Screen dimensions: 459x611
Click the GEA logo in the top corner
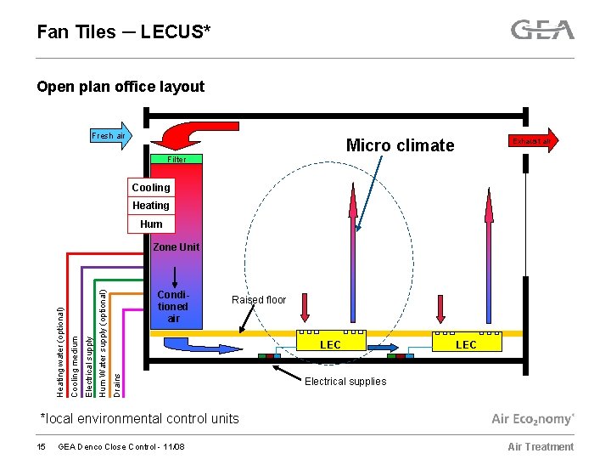(x=542, y=31)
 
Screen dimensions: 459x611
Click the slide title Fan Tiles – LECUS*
(x=124, y=32)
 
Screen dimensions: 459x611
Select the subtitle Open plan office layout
(x=120, y=87)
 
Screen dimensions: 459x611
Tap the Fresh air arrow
(x=108, y=136)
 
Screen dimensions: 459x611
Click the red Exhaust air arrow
(x=535, y=140)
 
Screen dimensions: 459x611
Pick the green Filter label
(x=177, y=159)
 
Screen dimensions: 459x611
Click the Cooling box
(x=150, y=187)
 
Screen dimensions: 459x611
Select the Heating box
(x=150, y=206)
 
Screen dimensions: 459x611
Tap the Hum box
(x=151, y=224)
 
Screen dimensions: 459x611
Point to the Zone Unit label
(x=176, y=247)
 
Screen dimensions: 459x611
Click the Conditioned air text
(x=173, y=307)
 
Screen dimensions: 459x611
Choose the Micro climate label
(x=400, y=145)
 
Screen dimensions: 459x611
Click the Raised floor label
(x=259, y=299)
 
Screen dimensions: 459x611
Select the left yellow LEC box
(x=330, y=344)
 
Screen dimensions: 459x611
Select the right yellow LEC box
(x=466, y=344)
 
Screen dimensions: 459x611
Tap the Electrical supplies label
(x=345, y=382)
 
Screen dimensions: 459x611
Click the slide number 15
(x=41, y=447)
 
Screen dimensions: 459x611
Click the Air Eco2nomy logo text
(x=533, y=419)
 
